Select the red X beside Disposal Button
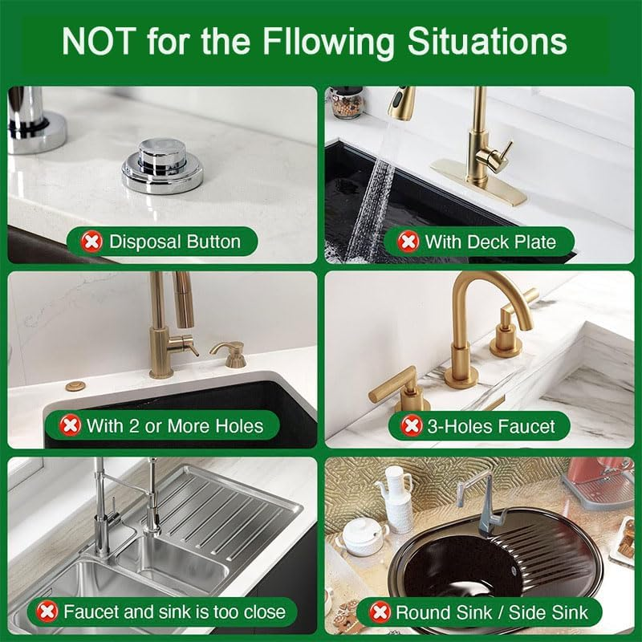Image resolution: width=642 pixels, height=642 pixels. [x=91, y=241]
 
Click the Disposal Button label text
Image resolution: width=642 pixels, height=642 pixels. [x=174, y=241]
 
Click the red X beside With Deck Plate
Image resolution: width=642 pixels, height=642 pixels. [x=408, y=241]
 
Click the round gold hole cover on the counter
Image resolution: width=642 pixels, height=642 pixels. [x=75, y=387]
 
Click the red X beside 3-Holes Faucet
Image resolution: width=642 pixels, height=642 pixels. [x=411, y=425]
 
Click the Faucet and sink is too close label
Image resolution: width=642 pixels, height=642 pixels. [x=174, y=612]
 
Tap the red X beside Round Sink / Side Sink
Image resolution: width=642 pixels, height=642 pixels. [x=380, y=612]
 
